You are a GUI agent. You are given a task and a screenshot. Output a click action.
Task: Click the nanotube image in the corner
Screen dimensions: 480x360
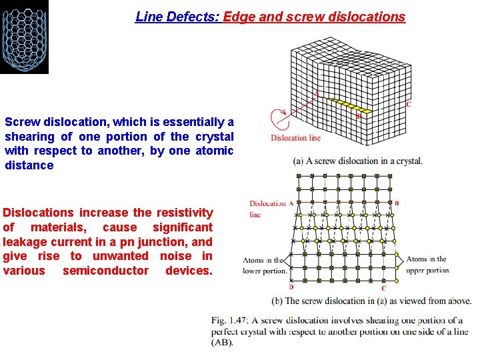coord(24,37)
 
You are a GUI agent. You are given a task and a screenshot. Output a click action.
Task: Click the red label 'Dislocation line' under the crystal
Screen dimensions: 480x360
coord(295,138)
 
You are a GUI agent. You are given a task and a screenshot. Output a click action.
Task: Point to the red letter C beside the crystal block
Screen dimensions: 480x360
coord(408,104)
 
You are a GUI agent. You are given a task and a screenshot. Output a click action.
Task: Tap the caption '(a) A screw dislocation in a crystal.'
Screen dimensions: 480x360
coord(357,161)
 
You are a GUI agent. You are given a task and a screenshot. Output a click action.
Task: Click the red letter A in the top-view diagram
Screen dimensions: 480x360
coord(291,203)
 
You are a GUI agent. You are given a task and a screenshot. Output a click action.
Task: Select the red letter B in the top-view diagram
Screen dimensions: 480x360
coord(397,203)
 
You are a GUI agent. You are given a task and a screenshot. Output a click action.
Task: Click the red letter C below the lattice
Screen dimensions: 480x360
coord(383,288)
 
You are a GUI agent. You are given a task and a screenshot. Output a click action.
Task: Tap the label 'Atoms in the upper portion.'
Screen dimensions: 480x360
coord(427,265)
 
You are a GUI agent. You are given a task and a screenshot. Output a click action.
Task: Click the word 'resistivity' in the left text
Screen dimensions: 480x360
coord(185,213)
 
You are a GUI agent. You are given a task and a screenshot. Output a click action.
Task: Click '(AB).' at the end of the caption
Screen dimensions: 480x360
coord(223,343)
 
